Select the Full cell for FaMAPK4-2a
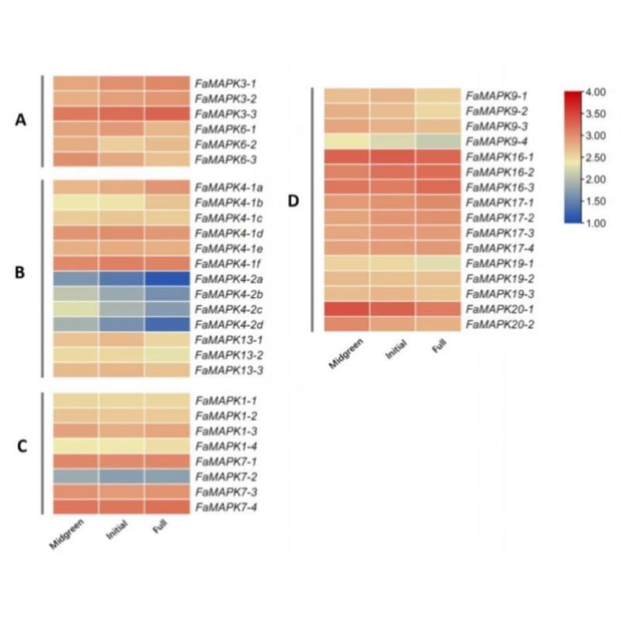point(167,279)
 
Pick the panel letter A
point(22,120)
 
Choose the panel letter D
point(293,201)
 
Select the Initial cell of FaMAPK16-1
point(392,156)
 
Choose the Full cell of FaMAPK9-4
point(438,141)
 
